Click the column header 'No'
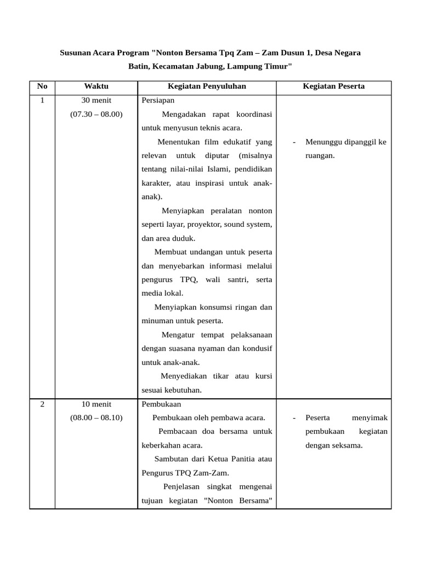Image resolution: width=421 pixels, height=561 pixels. click(x=42, y=87)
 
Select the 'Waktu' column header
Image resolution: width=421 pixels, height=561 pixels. click(x=96, y=87)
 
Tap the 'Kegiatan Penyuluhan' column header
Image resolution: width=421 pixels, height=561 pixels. click(x=207, y=87)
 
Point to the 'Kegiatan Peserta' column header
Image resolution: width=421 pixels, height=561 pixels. click(x=333, y=87)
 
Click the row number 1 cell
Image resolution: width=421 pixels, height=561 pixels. click(x=42, y=101)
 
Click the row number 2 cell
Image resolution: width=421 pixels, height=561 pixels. click(x=42, y=404)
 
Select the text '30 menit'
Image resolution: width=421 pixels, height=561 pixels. click(x=96, y=101)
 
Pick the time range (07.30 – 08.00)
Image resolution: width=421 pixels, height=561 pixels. click(x=96, y=115)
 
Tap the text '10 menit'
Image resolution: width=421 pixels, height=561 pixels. click(x=96, y=404)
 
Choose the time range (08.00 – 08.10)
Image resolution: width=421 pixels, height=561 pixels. click(x=96, y=418)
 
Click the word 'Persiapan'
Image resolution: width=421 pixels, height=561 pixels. click(x=158, y=101)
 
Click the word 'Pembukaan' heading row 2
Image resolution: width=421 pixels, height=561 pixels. click(x=160, y=404)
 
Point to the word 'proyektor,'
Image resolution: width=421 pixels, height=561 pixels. click(x=206, y=225)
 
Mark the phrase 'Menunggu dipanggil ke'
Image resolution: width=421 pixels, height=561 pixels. click(x=345, y=142)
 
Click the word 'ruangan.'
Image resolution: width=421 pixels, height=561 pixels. click(x=320, y=156)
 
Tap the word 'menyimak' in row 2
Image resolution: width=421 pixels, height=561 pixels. click(x=369, y=418)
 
